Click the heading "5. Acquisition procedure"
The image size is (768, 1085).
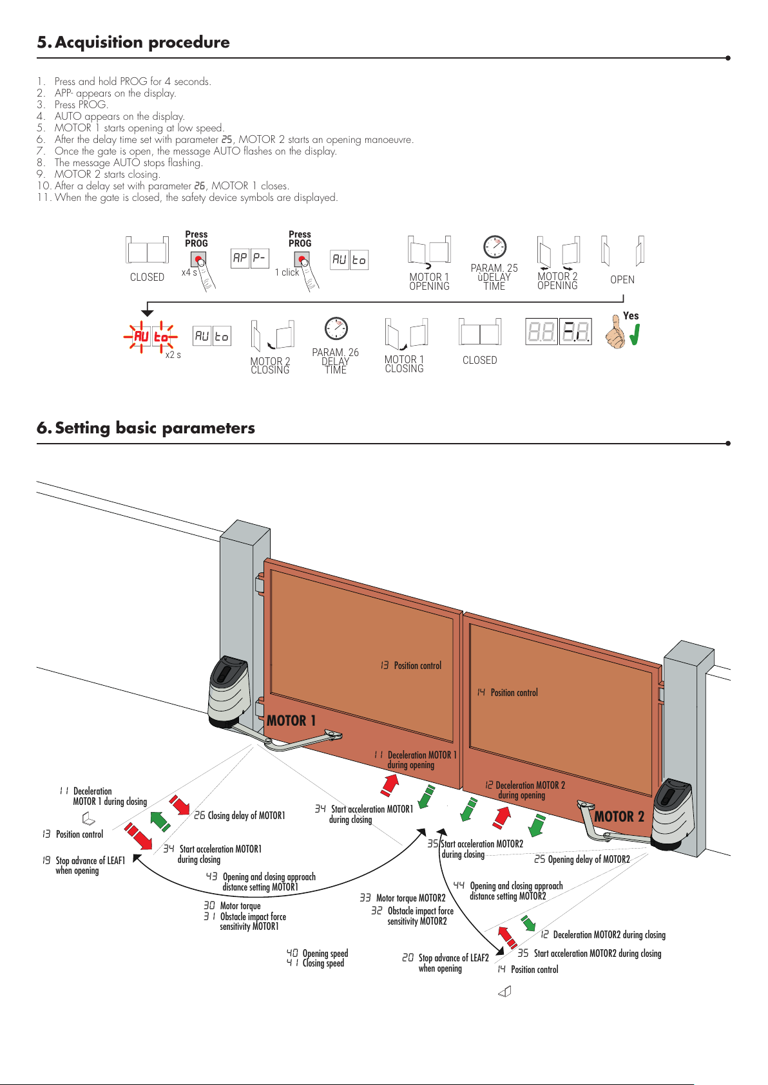point(133,42)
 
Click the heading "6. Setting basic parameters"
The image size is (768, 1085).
point(146,428)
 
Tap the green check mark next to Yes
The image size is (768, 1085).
point(635,335)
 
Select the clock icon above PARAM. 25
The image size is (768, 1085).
point(495,247)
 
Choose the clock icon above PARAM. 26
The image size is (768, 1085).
point(336,328)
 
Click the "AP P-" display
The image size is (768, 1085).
point(250,258)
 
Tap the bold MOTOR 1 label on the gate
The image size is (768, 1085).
point(291,721)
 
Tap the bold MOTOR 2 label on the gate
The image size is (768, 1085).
point(619,816)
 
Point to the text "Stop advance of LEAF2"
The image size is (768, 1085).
point(454,958)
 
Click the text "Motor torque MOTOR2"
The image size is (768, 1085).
point(410,898)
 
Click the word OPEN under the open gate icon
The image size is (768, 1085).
point(622,279)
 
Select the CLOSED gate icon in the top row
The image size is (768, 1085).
point(147,250)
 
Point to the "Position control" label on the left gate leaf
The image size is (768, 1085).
point(418,665)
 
